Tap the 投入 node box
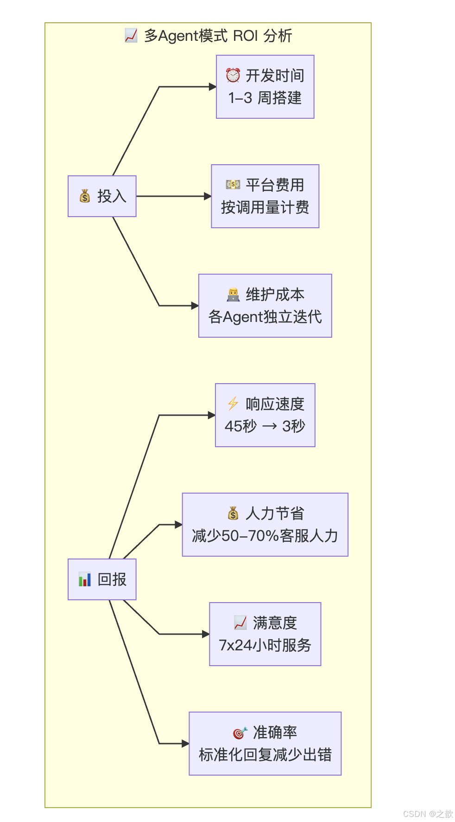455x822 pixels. [102, 196]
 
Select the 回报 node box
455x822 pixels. [102, 579]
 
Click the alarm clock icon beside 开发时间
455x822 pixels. [233, 75]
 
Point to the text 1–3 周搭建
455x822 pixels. [265, 98]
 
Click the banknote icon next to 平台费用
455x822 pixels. [233, 185]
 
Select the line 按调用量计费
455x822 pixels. [265, 207]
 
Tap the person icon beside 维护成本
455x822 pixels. [233, 294]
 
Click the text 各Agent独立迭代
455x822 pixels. [265, 317]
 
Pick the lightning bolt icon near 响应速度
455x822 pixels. [233, 404]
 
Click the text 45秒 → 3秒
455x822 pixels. [265, 426]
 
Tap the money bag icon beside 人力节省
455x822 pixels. [233, 513]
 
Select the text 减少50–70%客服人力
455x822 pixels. [265, 536]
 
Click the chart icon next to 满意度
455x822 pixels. [240, 623]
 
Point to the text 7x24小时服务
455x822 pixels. [265, 645]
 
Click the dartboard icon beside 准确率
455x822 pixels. [240, 732]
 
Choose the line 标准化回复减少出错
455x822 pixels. [265, 755]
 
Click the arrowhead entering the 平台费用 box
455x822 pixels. [208, 196]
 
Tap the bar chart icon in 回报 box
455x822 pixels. [85, 579]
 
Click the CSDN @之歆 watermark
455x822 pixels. [428, 814]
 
